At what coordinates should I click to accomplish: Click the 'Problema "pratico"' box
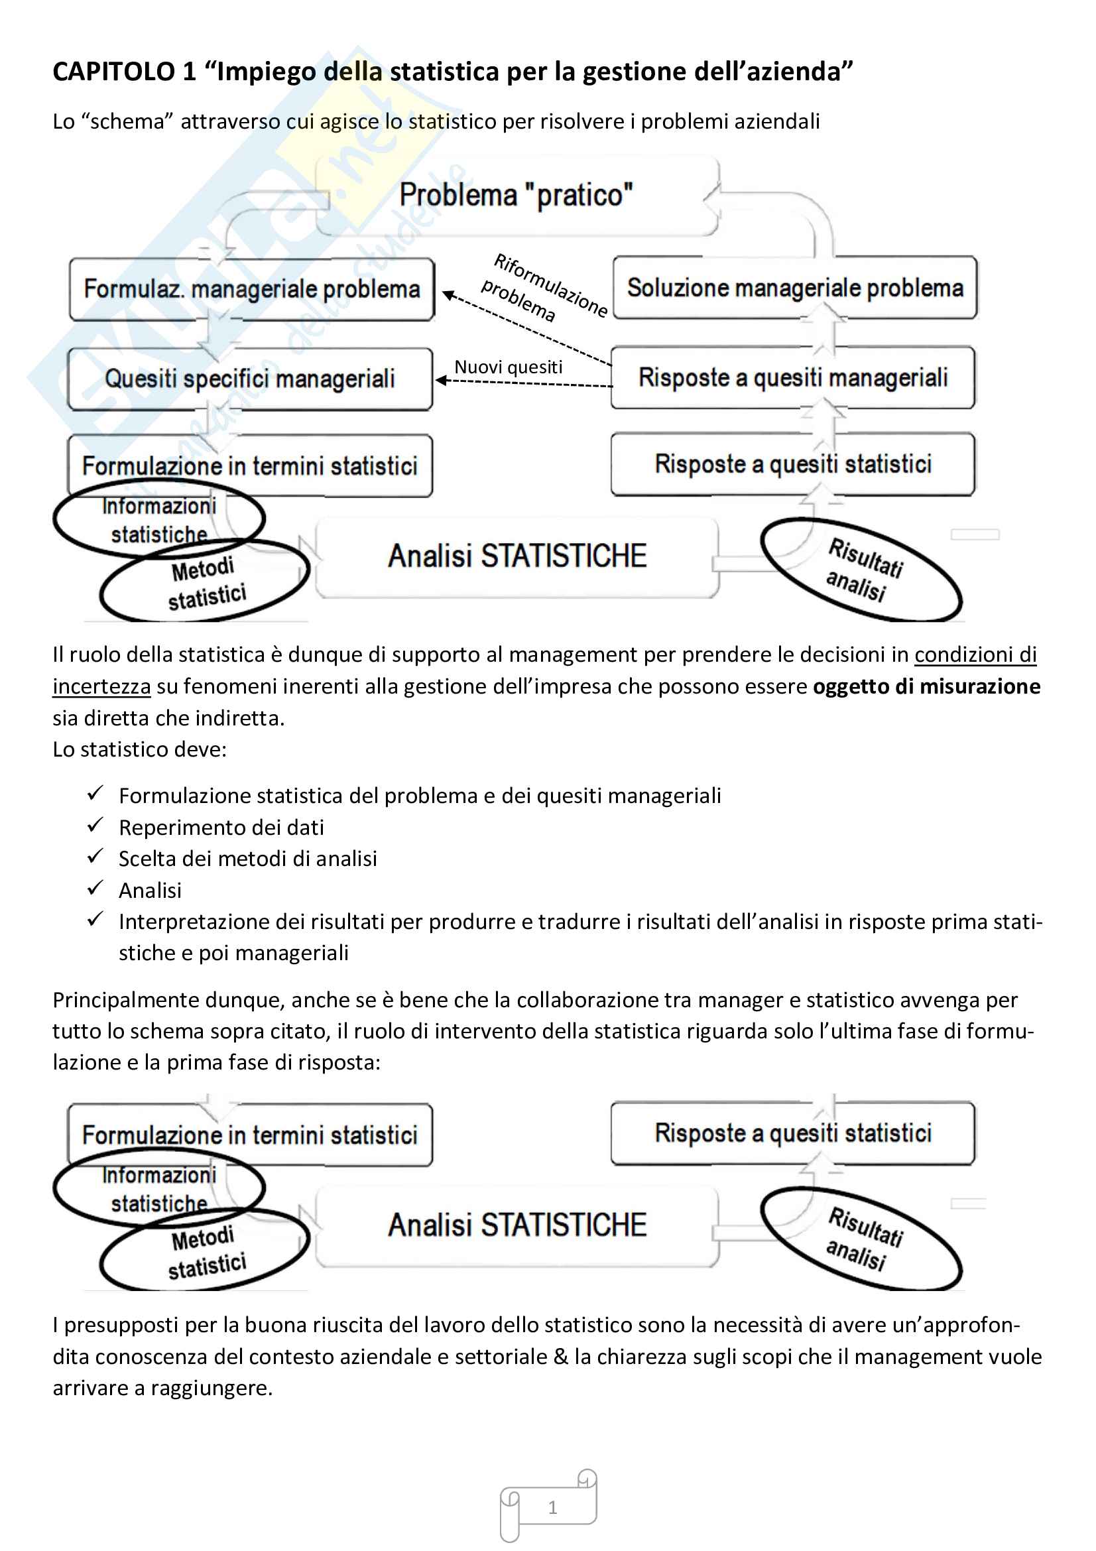tap(517, 196)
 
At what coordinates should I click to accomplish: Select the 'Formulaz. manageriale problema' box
tap(251, 289)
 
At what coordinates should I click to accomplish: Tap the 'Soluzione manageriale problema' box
tap(794, 288)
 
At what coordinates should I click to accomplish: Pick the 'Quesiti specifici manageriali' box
tap(250, 379)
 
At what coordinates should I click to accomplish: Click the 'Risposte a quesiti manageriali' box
tap(793, 377)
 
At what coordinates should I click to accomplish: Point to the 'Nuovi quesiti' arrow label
tap(508, 367)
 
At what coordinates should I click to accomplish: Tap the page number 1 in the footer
tap(552, 1507)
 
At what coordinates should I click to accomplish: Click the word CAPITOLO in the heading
tap(113, 72)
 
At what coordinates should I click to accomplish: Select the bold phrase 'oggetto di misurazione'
tap(926, 686)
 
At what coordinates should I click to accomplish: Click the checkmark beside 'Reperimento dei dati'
tap(95, 825)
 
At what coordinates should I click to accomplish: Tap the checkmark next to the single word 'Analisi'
tap(95, 888)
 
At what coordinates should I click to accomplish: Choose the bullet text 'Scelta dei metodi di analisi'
tap(248, 859)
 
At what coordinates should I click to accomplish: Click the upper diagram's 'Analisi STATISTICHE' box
tap(517, 556)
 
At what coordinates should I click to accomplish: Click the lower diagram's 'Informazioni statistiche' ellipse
tap(159, 1190)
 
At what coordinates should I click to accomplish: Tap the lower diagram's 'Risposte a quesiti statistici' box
tap(793, 1133)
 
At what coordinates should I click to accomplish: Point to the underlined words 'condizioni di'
tap(975, 654)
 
